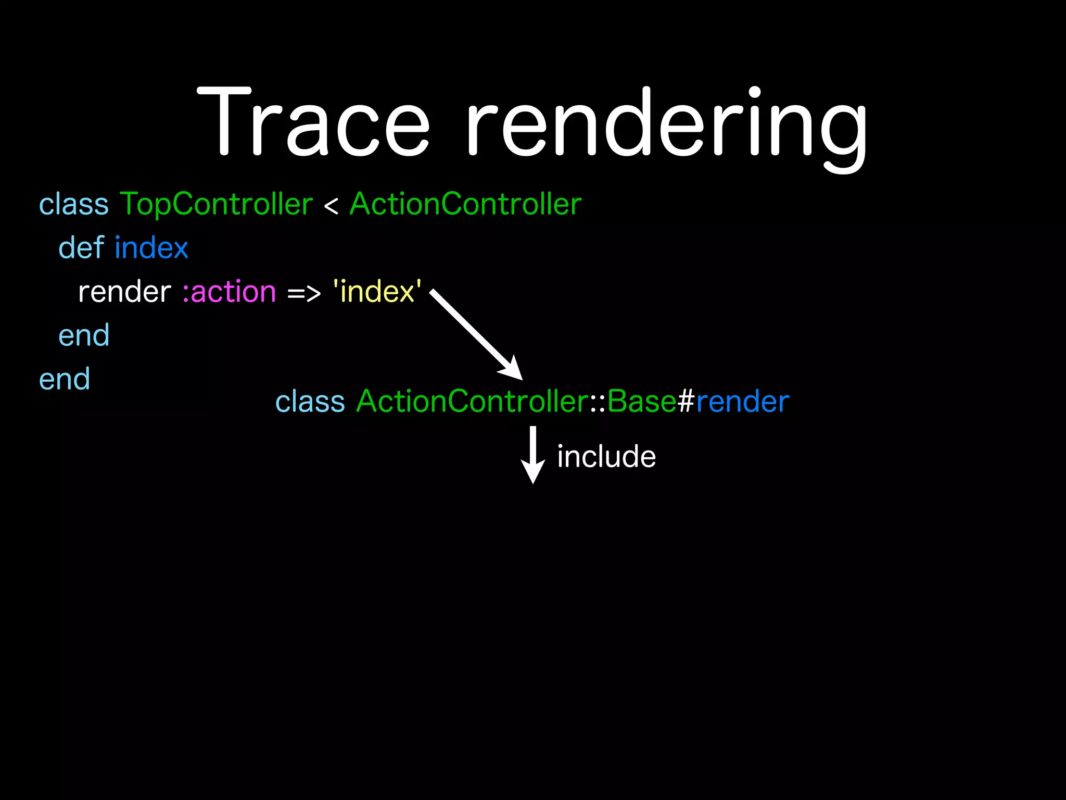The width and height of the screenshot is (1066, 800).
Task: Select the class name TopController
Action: [x=216, y=204]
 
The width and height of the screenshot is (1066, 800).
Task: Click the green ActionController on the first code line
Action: [x=465, y=204]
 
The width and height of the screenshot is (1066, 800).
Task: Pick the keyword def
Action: [x=81, y=247]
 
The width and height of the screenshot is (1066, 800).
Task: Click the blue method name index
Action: [x=151, y=247]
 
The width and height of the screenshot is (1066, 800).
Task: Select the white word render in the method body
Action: [x=124, y=292]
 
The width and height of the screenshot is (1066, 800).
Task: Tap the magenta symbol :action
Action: [x=229, y=292]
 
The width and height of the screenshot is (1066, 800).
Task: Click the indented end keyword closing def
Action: [x=84, y=335]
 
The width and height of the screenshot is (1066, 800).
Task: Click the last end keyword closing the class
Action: [x=65, y=379]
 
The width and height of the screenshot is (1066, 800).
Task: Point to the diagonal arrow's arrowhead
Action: [x=513, y=370]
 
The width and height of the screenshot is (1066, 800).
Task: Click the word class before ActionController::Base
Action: [x=310, y=402]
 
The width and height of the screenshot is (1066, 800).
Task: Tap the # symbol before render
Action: [x=686, y=402]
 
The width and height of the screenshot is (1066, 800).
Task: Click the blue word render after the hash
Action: [x=742, y=402]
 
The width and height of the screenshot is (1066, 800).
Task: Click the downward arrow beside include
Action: [x=533, y=455]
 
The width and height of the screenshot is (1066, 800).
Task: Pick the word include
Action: [x=606, y=457]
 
